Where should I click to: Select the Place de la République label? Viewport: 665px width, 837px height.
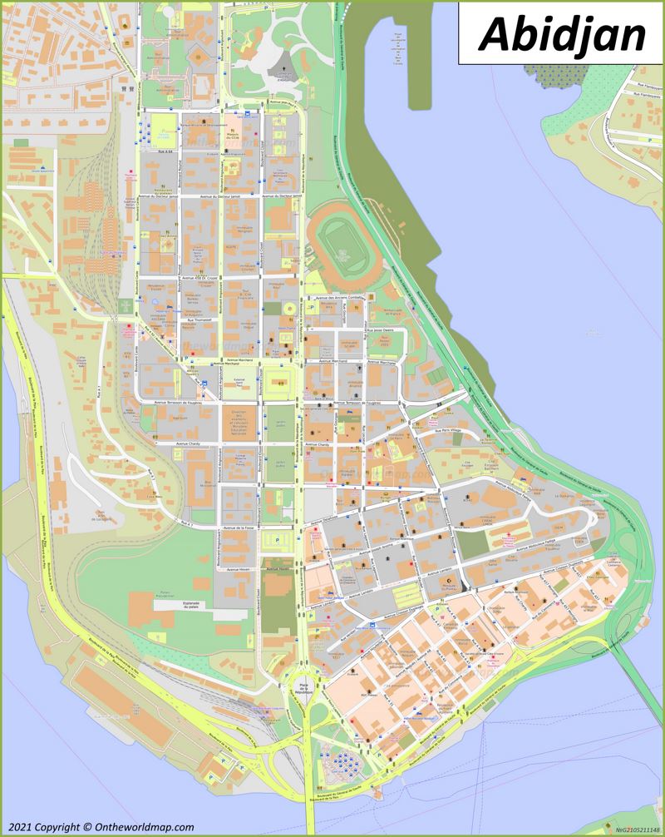(298, 687)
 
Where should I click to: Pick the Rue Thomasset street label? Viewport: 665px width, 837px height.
(199, 319)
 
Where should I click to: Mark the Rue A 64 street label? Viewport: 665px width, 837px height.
(164, 152)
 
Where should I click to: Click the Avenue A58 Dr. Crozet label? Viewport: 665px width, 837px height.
(199, 277)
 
